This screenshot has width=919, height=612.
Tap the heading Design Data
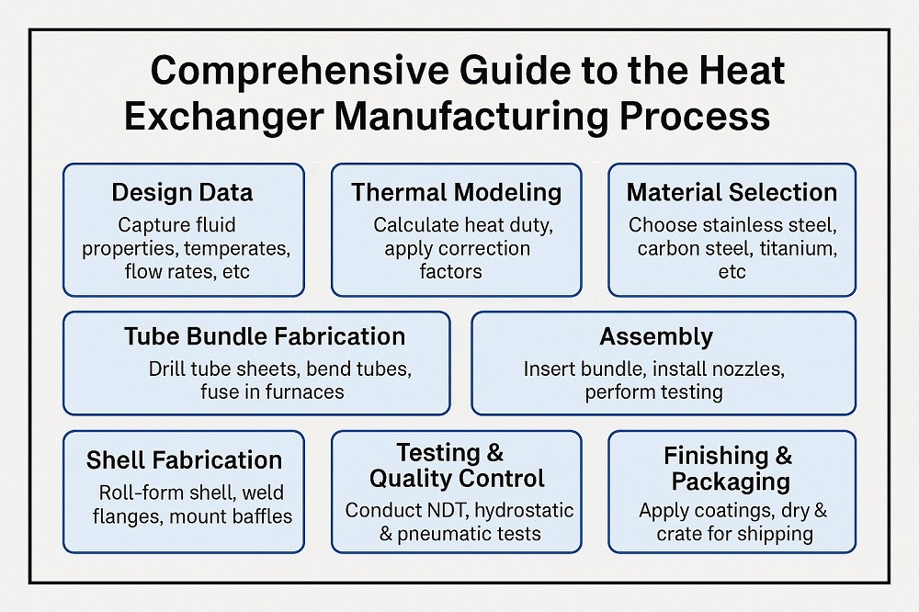pos(182,192)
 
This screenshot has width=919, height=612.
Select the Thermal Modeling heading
pos(456,192)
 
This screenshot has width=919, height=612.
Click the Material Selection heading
pos(732,192)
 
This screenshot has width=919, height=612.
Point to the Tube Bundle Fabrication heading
pos(265,336)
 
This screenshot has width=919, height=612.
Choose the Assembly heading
pos(656,336)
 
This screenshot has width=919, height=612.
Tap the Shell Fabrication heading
pos(184,460)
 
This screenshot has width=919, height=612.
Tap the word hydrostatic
pos(524,510)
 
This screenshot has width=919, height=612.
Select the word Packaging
pos(731,482)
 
